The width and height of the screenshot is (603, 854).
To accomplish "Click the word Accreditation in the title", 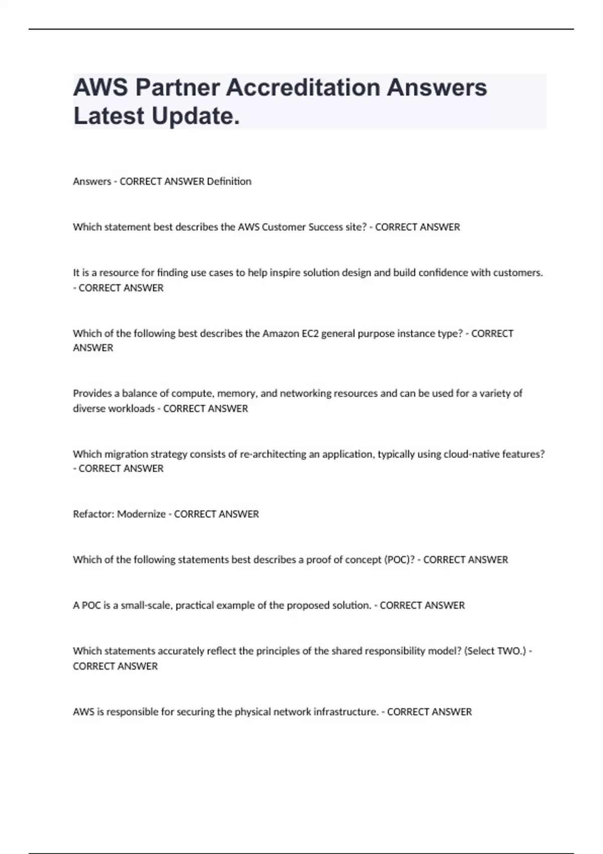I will coord(303,87).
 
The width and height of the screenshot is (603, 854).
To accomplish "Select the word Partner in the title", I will coord(177,87).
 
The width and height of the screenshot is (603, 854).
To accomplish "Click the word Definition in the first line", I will coord(229,181).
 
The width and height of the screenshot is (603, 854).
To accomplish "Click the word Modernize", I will coord(141,514).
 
